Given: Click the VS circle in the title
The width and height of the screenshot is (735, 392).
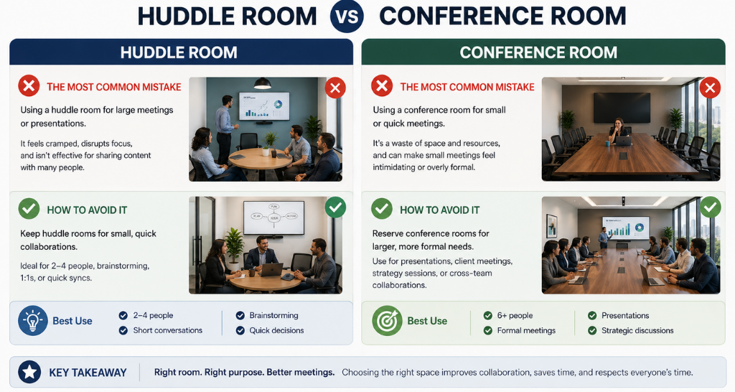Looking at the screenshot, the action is coord(347,17).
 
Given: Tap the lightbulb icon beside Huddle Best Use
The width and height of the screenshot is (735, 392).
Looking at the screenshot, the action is coord(33,321).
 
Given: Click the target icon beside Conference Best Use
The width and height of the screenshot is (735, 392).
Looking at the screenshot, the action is coord(387,321).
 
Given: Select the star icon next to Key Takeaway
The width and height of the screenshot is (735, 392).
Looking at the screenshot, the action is coord(29,373).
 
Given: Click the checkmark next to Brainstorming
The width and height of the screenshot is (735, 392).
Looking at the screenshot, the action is coord(240,316).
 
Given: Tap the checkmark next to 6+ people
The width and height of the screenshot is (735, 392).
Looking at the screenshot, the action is coord(488,316).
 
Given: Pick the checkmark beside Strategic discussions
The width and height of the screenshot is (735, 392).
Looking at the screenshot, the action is coord(592,330).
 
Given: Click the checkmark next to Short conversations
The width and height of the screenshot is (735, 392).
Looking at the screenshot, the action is coord(123,330).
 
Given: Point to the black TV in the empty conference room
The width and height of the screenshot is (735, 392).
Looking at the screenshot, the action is coord(622,108).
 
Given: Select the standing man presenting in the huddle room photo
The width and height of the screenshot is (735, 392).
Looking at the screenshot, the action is coord(225,129).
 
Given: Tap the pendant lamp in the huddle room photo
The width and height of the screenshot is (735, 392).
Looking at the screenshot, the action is coord(263,83).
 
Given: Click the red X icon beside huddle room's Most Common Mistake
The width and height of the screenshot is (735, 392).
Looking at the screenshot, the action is coord(29,87).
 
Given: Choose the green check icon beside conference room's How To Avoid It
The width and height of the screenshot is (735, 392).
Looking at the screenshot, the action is coord(382,209).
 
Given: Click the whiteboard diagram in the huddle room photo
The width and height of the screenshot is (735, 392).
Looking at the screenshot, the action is coord(273,217).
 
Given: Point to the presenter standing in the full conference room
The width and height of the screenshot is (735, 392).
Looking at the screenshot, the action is coord(604,237).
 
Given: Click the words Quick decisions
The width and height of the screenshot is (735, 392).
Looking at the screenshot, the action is coord(276,330).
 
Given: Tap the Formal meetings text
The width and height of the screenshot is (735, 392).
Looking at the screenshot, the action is coord(526,330).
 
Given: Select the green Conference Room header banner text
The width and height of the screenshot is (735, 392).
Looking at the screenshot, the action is coord(538,52).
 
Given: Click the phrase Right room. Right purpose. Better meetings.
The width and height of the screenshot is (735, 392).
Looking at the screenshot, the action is coord(245,373).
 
